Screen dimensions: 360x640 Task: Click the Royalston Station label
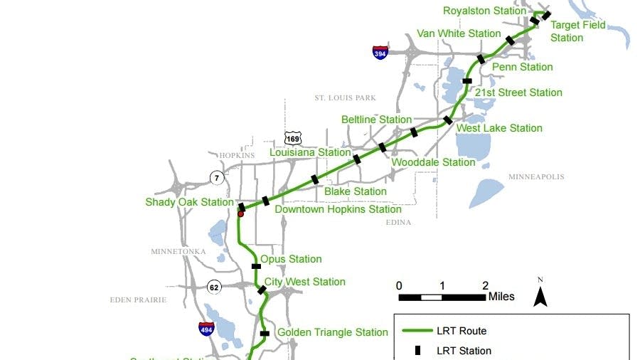point(484,11)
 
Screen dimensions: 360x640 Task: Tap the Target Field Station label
point(577,31)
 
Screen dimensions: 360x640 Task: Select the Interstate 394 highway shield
point(380,52)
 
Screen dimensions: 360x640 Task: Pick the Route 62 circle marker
point(214,287)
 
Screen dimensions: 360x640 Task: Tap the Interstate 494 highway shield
point(206,328)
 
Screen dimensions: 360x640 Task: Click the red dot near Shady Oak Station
point(240,213)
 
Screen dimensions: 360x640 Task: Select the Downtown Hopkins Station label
point(338,209)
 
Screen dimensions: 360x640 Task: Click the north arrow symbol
point(540,292)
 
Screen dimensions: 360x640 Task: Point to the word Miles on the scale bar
point(501,296)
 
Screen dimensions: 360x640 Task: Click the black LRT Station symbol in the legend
point(417,350)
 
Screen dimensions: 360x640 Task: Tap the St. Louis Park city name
point(345,97)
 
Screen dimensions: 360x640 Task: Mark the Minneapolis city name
point(536,176)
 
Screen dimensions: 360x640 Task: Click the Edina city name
point(398,223)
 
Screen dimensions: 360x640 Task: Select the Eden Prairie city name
point(138,300)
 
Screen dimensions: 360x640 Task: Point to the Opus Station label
point(291,259)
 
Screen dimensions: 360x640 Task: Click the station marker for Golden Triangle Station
point(265,333)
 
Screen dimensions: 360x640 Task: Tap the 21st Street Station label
point(518,92)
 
